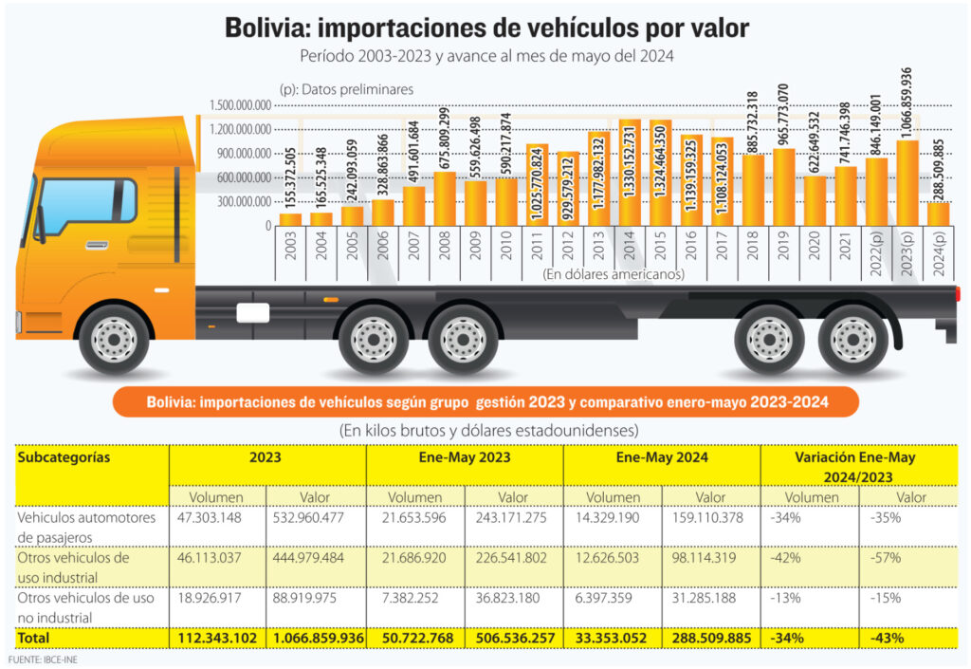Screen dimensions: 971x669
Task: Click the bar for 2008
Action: tap(445, 199)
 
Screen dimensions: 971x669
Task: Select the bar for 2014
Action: tap(630, 173)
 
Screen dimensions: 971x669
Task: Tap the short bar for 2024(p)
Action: tap(938, 214)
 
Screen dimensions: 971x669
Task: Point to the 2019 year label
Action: tap(783, 245)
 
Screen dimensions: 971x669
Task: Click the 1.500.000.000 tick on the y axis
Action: tap(240, 105)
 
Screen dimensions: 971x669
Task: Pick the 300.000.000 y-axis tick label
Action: tap(244, 202)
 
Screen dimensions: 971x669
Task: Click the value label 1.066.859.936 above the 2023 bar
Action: tap(907, 103)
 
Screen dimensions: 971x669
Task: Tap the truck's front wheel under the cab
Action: tap(114, 339)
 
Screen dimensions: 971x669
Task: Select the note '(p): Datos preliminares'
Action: tap(347, 89)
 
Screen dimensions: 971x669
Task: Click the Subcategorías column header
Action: tap(64, 457)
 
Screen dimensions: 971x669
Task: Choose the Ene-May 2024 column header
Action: tap(662, 457)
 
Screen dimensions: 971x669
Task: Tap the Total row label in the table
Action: tap(33, 638)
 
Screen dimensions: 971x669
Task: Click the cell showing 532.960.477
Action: tap(308, 518)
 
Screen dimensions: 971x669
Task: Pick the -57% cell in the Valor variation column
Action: tap(886, 558)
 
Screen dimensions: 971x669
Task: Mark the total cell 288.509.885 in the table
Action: tap(711, 638)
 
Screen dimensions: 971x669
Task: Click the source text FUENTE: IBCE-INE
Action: tap(43, 660)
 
